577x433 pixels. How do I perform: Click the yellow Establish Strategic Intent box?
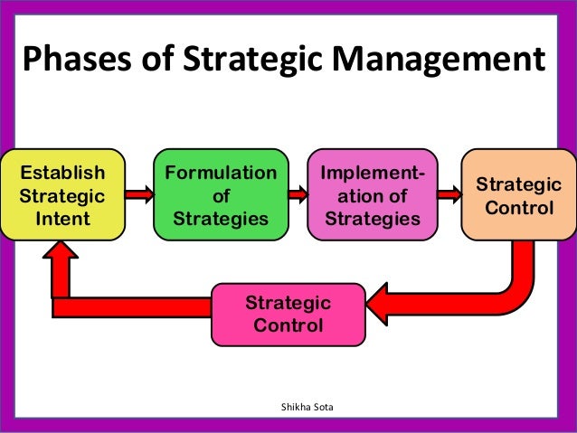coord(62,194)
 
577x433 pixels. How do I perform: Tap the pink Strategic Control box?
coord(288,314)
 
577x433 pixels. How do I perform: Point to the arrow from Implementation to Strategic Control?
coord(447,193)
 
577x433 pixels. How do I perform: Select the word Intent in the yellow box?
coord(62,218)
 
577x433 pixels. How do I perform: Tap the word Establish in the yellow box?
coord(62,172)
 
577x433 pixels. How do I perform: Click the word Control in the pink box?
coord(288,325)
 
